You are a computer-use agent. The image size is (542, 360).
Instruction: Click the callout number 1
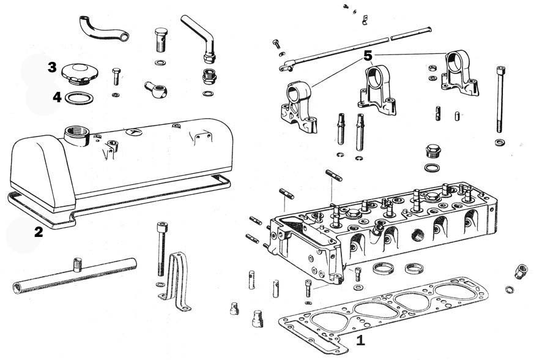coord(360,340)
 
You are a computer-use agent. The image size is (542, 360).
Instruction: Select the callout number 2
coord(39,231)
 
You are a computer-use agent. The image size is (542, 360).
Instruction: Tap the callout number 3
coord(52,67)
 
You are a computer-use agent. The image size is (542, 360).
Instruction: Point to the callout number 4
coord(57,97)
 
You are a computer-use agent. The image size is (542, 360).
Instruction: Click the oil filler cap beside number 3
coord(80,73)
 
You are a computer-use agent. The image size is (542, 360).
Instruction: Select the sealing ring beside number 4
coord(79,98)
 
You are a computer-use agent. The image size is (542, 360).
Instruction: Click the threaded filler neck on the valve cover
coord(76,136)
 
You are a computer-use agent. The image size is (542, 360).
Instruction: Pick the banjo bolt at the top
coord(160,40)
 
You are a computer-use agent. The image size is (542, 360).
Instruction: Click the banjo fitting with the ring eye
coord(156,89)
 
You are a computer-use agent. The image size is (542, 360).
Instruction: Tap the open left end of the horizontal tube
coord(17,288)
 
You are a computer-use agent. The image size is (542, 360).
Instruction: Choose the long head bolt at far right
coord(499,99)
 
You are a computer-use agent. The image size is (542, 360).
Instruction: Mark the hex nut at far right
coord(521,271)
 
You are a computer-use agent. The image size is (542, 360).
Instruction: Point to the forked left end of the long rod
coord(286,67)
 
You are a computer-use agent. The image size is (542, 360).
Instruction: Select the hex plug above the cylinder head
coord(432,151)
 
